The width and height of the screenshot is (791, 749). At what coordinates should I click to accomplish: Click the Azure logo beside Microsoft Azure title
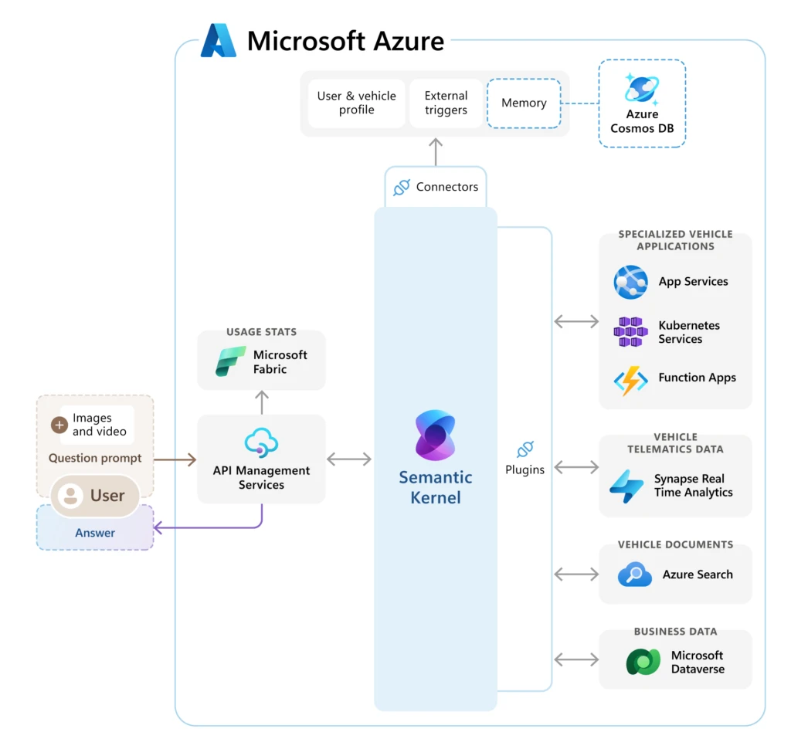click(219, 41)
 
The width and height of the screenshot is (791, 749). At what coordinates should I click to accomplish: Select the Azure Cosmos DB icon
click(642, 89)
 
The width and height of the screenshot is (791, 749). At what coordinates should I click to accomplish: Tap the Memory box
click(524, 103)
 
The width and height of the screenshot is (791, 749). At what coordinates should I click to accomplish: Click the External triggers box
click(446, 103)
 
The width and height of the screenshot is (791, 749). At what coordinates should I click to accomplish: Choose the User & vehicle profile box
click(356, 103)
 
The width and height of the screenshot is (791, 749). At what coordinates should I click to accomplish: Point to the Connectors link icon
click(402, 187)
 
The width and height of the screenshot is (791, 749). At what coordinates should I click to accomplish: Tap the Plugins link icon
click(525, 449)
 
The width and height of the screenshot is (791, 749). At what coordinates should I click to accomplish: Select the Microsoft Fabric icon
click(230, 361)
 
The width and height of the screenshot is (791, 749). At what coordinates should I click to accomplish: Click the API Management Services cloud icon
click(261, 443)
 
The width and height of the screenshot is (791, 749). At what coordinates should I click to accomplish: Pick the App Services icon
click(630, 282)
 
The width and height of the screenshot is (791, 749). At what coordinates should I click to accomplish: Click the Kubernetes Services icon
click(629, 332)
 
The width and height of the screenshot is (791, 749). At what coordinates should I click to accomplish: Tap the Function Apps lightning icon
click(630, 380)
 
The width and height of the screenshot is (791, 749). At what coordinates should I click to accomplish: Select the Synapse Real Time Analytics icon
click(626, 486)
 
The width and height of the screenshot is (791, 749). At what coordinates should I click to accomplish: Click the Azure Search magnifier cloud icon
click(635, 574)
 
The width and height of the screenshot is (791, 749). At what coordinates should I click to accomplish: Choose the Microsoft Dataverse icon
click(643, 663)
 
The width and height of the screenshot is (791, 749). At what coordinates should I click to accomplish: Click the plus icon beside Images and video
click(59, 425)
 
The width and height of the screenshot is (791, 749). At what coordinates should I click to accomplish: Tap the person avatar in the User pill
click(70, 496)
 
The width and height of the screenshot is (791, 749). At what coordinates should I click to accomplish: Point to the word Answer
click(95, 533)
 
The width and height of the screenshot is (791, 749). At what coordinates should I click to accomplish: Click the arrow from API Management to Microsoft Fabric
click(262, 402)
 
